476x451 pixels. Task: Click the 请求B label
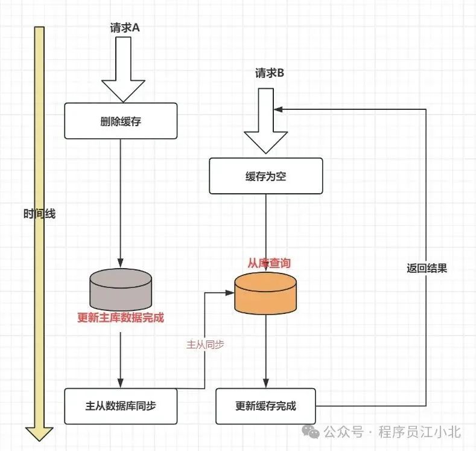270,73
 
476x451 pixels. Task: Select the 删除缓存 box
121,121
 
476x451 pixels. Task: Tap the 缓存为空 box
265,176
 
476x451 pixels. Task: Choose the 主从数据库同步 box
121,406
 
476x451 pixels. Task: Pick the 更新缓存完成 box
266,406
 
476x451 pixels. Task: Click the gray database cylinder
121,289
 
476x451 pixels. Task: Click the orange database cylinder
265,293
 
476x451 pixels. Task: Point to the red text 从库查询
269,263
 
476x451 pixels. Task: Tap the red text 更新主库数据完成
121,318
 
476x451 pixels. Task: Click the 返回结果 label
427,269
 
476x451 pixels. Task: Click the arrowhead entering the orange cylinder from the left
229,293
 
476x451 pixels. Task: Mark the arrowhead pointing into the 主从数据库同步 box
121,385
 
